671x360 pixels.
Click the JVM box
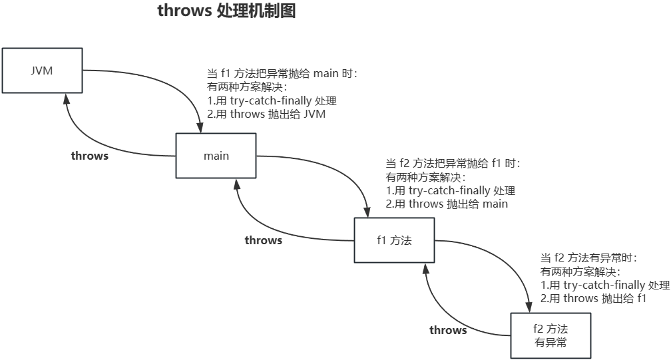point(42,71)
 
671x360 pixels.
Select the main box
point(216,156)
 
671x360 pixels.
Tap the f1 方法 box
point(394,240)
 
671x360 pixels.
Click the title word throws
point(184,11)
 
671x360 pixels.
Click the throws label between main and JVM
point(90,156)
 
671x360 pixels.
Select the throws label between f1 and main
point(263,240)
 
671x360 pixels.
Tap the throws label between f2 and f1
point(448,330)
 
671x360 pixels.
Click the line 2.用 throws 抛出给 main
point(447,204)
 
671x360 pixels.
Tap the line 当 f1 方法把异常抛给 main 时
point(283,74)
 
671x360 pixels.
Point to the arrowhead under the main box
point(237,184)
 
